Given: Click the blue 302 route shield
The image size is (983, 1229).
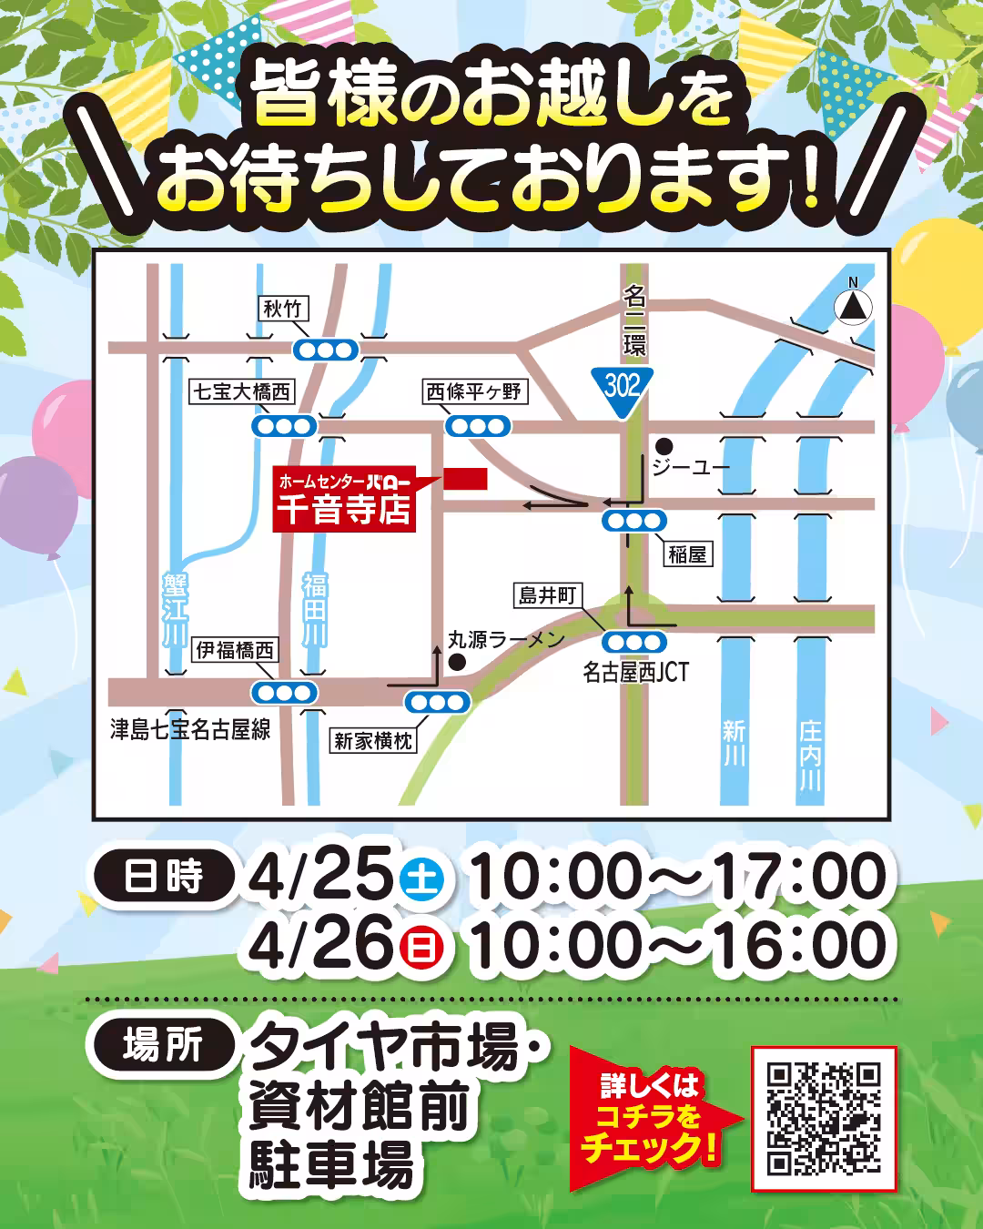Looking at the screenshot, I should [623, 388].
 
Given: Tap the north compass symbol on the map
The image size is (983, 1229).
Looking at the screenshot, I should [853, 306].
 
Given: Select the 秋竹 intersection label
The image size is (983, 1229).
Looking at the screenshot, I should [282, 310].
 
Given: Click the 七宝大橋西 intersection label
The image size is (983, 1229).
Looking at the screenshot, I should [242, 392].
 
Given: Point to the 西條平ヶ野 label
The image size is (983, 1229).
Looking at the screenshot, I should [473, 392].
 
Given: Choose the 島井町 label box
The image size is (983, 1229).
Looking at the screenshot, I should [548, 596].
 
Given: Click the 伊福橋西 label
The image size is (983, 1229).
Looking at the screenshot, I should [236, 650].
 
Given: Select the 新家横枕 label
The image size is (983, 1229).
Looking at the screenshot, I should [373, 741].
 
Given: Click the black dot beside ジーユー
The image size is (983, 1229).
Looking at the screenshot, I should [664, 446].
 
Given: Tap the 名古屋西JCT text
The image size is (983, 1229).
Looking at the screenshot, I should [635, 673].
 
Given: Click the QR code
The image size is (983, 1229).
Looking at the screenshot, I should [824, 1119].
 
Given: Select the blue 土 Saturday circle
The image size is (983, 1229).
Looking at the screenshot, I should [421, 879].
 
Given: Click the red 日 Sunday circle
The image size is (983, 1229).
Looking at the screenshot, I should [421, 948].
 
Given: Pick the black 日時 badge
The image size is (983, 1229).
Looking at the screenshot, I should [163, 876].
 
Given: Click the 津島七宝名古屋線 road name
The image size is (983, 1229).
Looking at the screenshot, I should [190, 730].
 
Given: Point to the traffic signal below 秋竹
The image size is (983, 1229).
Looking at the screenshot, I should [326, 350].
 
